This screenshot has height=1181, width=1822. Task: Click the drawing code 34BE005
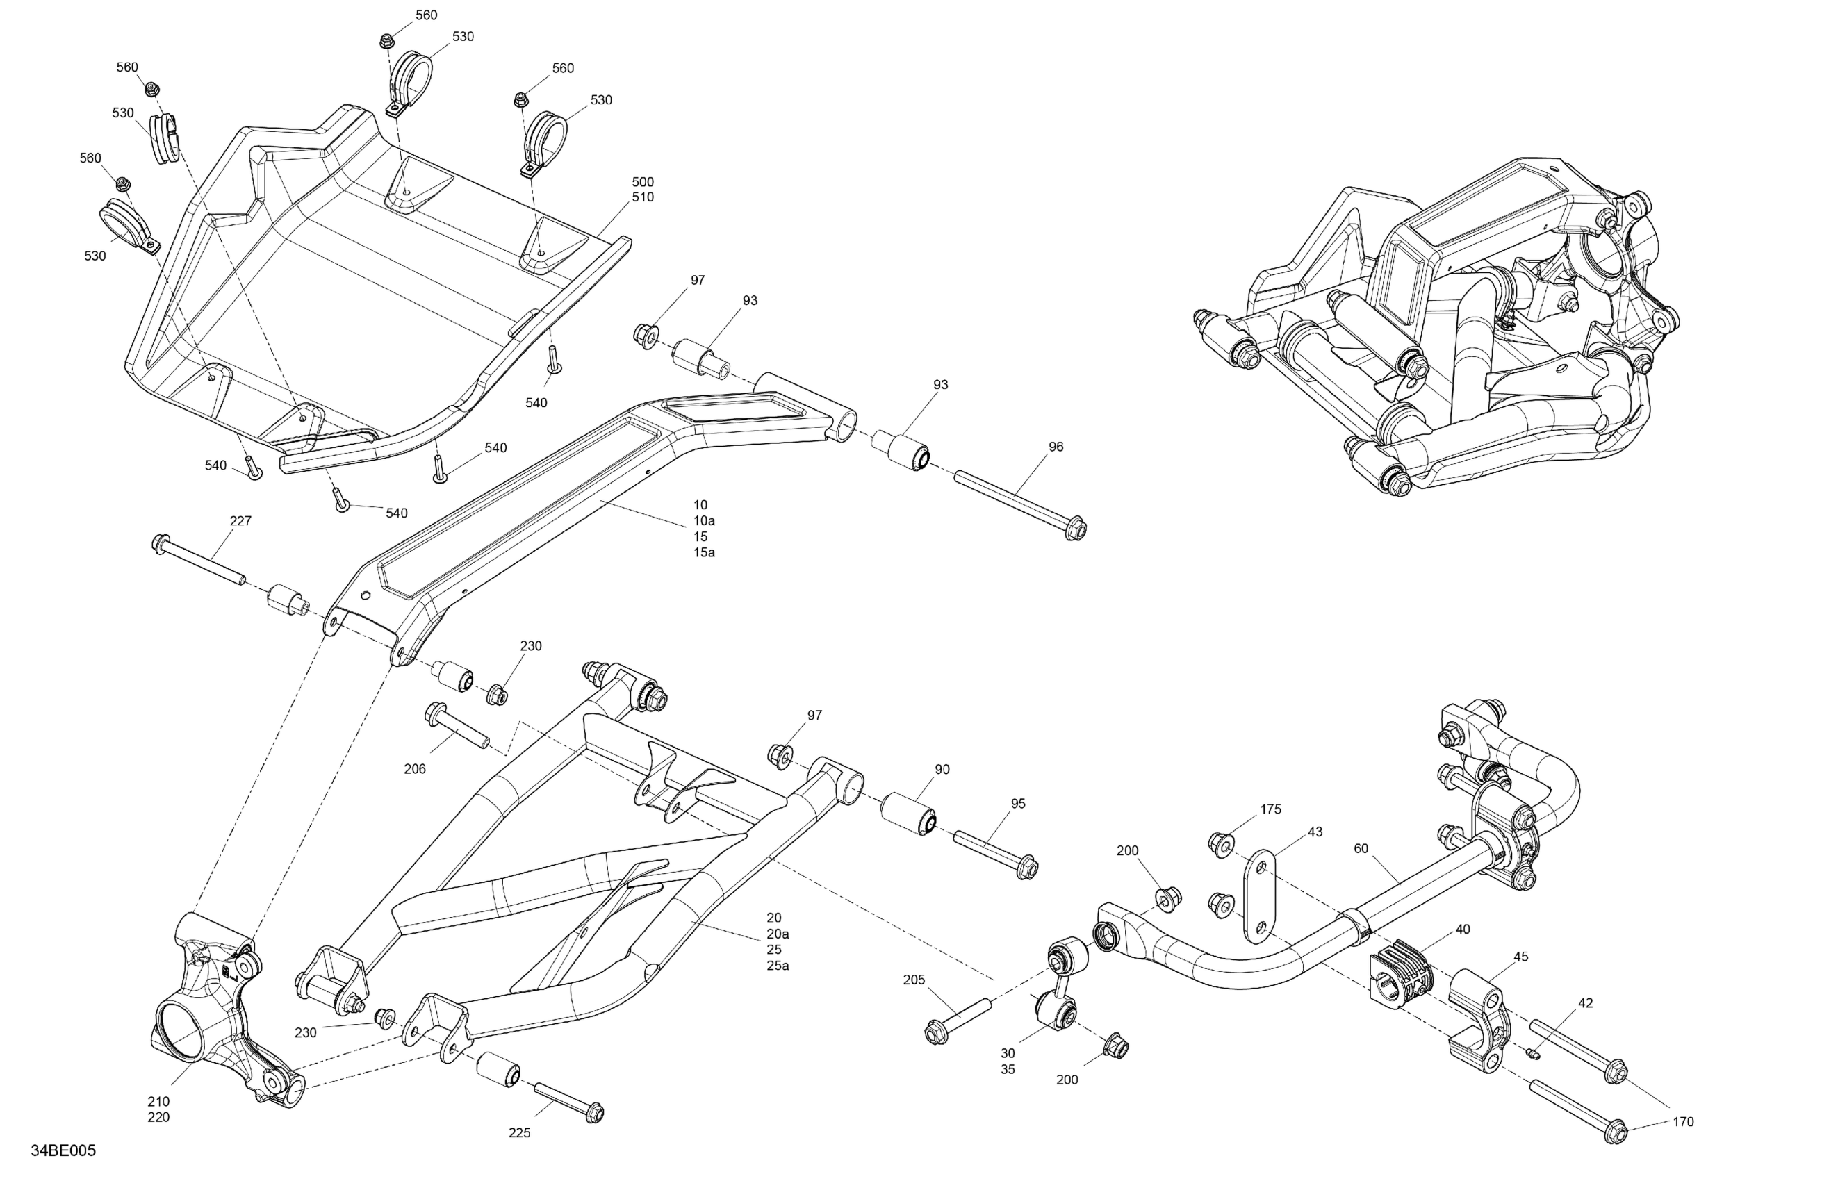pyautogui.click(x=63, y=1151)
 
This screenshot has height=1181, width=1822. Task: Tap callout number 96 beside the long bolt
pyautogui.click(x=1056, y=447)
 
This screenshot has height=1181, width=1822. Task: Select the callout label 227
pyautogui.click(x=240, y=521)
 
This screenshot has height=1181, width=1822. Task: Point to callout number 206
pyautogui.click(x=415, y=769)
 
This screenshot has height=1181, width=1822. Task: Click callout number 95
pyautogui.click(x=1018, y=804)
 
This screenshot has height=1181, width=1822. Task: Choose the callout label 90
pyautogui.click(x=942, y=769)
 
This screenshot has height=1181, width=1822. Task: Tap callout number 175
pyautogui.click(x=1271, y=809)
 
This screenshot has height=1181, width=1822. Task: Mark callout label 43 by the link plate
pyautogui.click(x=1315, y=832)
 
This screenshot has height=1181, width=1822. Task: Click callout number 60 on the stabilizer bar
pyautogui.click(x=1361, y=848)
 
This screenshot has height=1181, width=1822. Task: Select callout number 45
pyautogui.click(x=1521, y=957)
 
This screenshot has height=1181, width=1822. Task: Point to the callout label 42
pyautogui.click(x=1586, y=1003)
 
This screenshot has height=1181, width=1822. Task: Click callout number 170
pyautogui.click(x=1682, y=1122)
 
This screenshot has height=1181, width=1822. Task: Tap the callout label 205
pyautogui.click(x=914, y=980)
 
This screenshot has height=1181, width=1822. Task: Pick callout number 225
pyautogui.click(x=520, y=1133)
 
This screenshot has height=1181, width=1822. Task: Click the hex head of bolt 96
pyautogui.click(x=1076, y=529)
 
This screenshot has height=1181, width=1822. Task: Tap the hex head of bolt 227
pyautogui.click(x=161, y=544)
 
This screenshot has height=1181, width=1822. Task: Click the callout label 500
pyautogui.click(x=643, y=182)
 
